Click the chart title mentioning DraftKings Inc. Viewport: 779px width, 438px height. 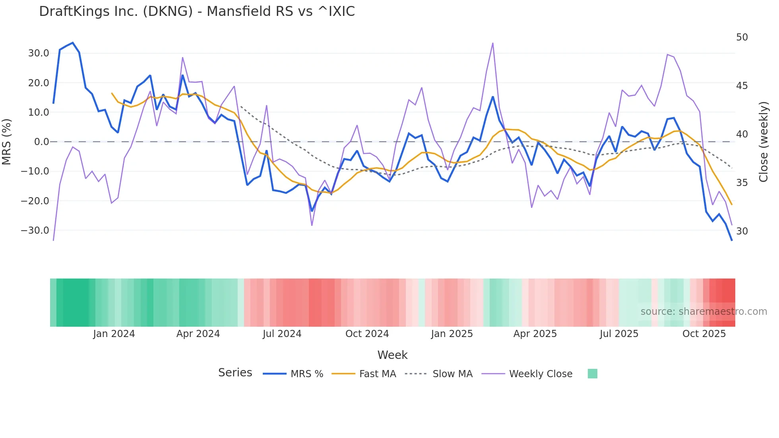tap(197, 12)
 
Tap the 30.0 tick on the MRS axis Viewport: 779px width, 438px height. tap(39, 53)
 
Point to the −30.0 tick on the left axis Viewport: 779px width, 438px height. tap(35, 231)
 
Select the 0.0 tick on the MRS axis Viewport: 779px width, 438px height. tap(41, 142)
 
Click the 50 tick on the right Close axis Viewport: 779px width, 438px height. tap(742, 37)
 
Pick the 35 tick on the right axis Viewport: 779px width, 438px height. tap(742, 183)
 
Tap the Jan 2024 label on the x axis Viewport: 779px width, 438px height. tap(114, 334)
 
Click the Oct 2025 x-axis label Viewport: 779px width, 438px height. tap(704, 334)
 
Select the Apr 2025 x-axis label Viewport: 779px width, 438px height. tap(535, 334)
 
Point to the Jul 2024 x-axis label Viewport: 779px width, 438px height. tap(282, 334)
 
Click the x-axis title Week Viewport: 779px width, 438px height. tap(392, 355)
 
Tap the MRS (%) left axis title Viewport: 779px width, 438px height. tap(7, 142)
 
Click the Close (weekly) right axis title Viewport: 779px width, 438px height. tap(763, 142)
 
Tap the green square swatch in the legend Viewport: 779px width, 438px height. tap(592, 374)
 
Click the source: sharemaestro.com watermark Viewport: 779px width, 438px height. tap(703, 312)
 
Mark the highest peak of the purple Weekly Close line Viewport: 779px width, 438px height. tap(493, 43)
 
